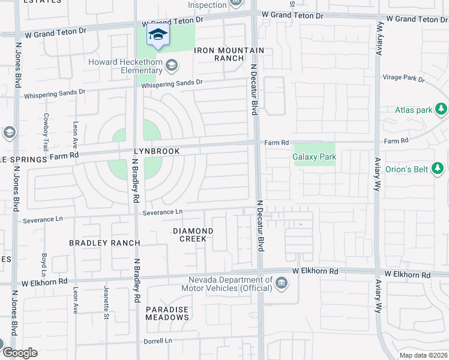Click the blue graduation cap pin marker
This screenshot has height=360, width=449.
158,36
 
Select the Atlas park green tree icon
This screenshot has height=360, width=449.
441,109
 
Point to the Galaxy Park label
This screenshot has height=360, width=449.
314,157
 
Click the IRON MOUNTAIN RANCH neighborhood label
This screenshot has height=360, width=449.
220,54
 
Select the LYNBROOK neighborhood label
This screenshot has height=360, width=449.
157,152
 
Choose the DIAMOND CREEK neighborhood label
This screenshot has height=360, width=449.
193,235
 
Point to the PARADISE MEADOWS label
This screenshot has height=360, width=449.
167,313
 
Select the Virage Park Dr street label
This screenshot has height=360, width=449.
403,78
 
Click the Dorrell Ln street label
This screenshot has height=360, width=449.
157,341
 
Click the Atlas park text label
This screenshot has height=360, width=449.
414,110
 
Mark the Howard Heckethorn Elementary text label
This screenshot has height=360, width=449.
125,66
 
